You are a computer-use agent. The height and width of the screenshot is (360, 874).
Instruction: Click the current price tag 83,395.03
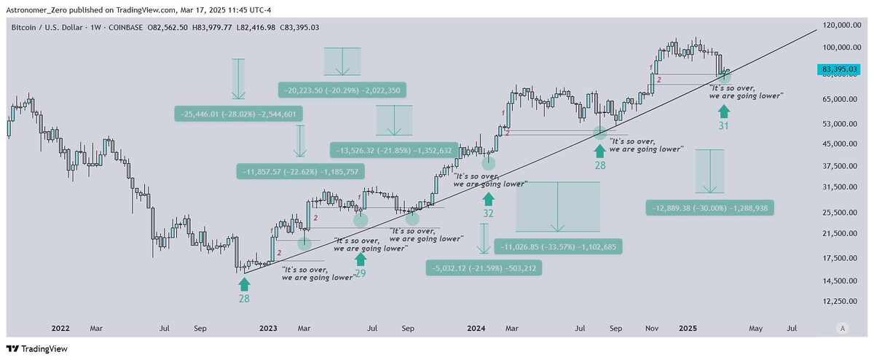(842, 69)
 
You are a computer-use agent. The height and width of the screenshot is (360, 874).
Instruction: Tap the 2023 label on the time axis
(269, 329)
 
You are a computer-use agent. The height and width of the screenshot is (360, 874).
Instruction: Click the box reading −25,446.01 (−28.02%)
(238, 114)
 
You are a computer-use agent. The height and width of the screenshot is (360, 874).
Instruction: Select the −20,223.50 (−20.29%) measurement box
(342, 90)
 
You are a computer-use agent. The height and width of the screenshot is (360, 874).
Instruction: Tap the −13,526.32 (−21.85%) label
(393, 151)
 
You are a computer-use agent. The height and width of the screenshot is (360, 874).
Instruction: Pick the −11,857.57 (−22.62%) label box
(301, 172)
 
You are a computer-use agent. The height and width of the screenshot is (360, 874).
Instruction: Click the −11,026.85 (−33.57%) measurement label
(558, 247)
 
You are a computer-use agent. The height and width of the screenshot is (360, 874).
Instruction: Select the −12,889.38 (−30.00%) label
(709, 208)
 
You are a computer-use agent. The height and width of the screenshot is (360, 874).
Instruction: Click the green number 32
(488, 214)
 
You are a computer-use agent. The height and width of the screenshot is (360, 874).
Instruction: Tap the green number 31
(723, 126)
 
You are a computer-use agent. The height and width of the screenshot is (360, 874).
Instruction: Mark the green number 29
(360, 274)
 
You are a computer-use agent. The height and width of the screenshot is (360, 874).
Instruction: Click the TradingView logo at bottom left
(37, 349)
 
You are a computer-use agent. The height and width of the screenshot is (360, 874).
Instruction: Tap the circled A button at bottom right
(843, 329)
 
